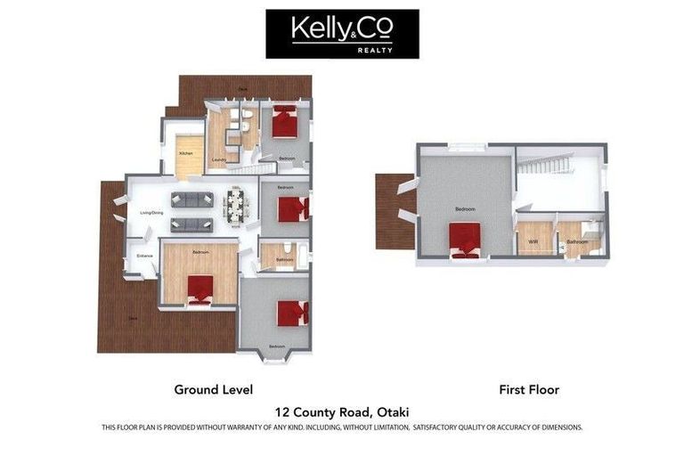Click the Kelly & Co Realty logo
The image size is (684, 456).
(x=342, y=34)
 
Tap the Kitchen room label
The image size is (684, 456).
(x=185, y=153)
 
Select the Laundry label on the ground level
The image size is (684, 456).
(x=217, y=160)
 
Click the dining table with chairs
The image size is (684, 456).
(x=235, y=206)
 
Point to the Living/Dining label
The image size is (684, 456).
(x=151, y=213)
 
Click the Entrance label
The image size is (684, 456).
(x=144, y=256)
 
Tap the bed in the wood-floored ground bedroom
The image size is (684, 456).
(x=199, y=288)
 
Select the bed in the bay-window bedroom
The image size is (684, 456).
(x=291, y=313)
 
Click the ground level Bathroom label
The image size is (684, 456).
(x=285, y=260)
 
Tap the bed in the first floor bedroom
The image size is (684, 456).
(x=465, y=239)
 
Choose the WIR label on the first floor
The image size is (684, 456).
(x=533, y=241)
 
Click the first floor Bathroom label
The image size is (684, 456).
(x=576, y=241)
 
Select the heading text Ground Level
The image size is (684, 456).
(x=214, y=389)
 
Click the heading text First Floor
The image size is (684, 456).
(x=529, y=389)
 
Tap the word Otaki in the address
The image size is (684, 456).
(x=391, y=411)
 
